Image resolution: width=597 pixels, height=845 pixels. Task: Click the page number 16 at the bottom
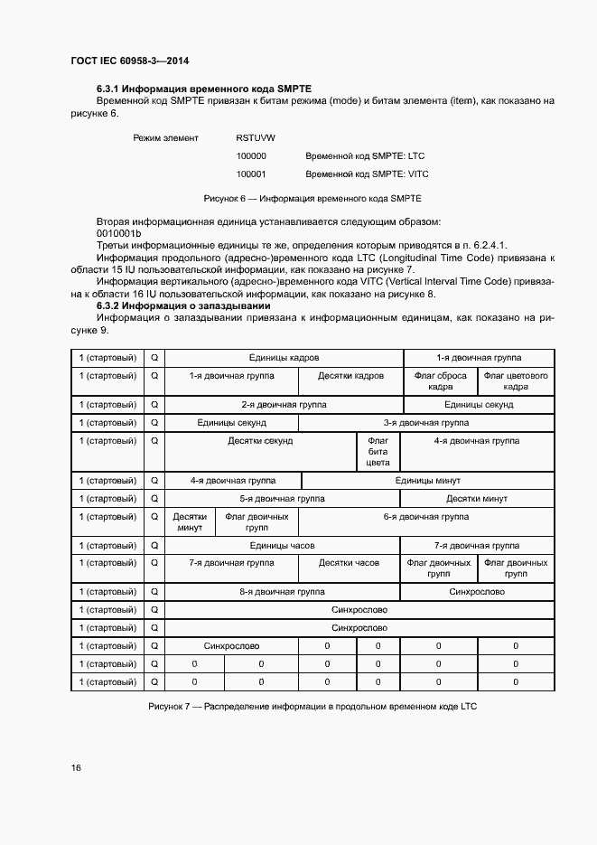[x=77, y=767]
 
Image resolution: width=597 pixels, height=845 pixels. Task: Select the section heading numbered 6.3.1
[x=203, y=89]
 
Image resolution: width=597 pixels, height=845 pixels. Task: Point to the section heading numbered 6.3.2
[x=181, y=306]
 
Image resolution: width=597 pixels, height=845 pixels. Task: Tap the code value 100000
[x=251, y=155]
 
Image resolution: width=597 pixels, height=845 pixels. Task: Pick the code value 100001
[x=251, y=174]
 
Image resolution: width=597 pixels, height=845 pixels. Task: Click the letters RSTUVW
[x=256, y=137]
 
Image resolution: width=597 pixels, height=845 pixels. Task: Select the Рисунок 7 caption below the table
[x=312, y=705]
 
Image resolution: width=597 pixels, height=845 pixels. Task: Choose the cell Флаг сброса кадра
[x=439, y=380]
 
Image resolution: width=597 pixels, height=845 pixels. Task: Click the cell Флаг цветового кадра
[x=516, y=380]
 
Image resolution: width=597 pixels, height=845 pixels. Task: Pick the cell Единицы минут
[x=425, y=481]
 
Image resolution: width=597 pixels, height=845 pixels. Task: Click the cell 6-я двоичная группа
[x=425, y=517]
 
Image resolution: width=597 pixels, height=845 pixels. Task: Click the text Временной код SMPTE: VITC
[x=367, y=174]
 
